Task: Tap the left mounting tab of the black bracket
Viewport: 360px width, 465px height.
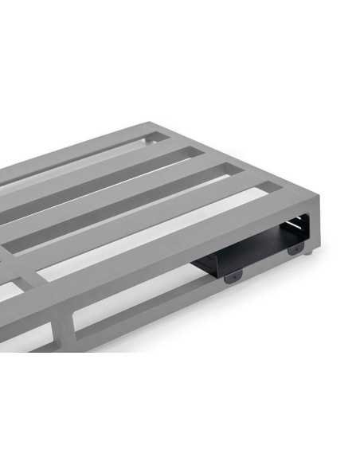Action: tap(232, 276)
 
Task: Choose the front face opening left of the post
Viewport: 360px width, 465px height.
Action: tap(28, 338)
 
